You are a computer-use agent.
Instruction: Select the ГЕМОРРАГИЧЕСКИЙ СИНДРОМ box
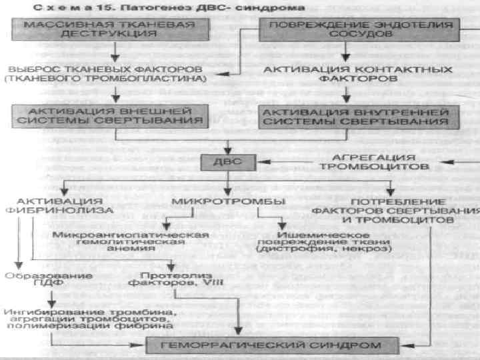273,345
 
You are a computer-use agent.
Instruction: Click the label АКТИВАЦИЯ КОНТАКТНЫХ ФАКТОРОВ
346,73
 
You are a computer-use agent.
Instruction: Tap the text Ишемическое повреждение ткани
313,241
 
